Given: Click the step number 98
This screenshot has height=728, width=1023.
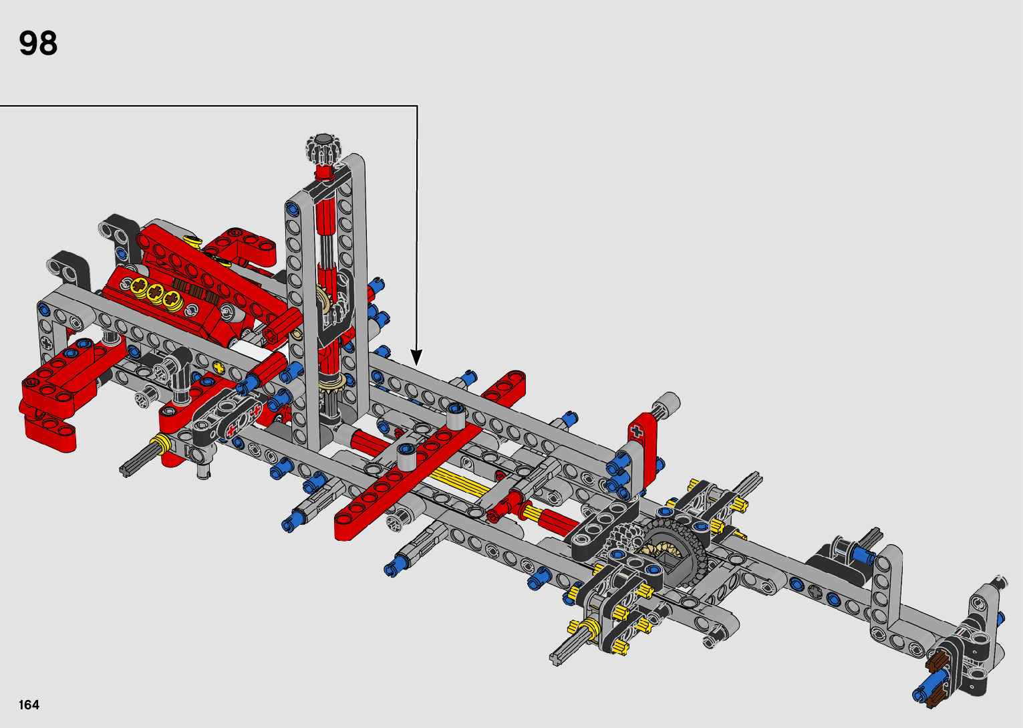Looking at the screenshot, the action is point(38,43).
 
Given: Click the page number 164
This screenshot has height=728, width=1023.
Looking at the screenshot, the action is point(29,705).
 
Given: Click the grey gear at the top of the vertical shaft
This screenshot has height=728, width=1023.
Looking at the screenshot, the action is point(324,148).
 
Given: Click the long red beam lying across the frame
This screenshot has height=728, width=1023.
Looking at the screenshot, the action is point(429,457).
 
